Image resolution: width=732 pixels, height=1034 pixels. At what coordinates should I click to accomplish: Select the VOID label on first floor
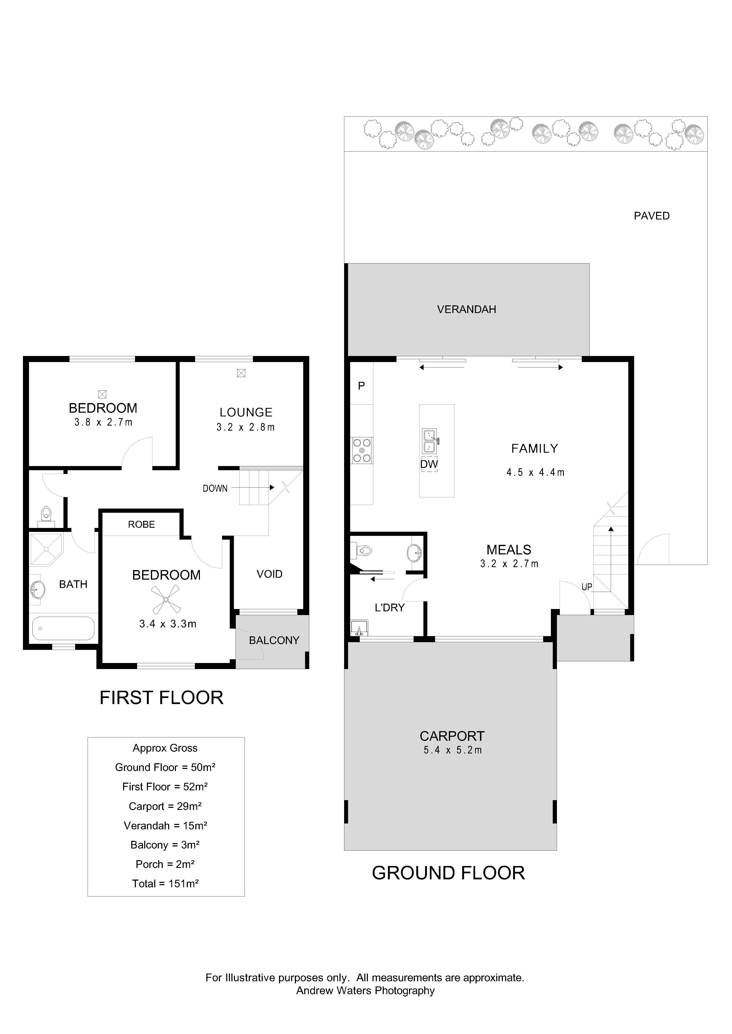(270, 574)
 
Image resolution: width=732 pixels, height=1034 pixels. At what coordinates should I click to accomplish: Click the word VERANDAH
(467, 309)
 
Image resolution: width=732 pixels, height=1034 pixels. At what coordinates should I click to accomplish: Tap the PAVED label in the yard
(652, 216)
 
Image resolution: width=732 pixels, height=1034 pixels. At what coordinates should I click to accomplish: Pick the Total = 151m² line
(165, 884)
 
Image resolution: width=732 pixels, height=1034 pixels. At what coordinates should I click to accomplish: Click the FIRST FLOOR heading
(161, 698)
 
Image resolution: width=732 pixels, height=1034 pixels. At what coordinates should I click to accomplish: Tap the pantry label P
(361, 386)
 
